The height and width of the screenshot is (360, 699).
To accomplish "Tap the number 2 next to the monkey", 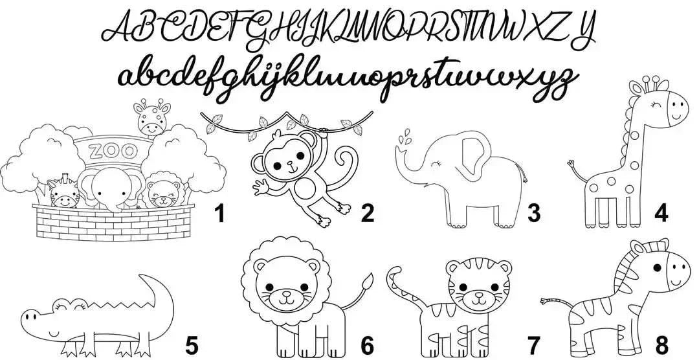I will pos(368,212).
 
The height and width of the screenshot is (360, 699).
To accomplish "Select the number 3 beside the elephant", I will pos(533,212).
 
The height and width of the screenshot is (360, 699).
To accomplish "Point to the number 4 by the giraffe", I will pos(661,212).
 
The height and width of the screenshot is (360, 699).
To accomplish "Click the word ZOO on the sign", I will pos(113,152).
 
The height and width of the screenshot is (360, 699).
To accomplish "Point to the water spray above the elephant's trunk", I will pos(405,139).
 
